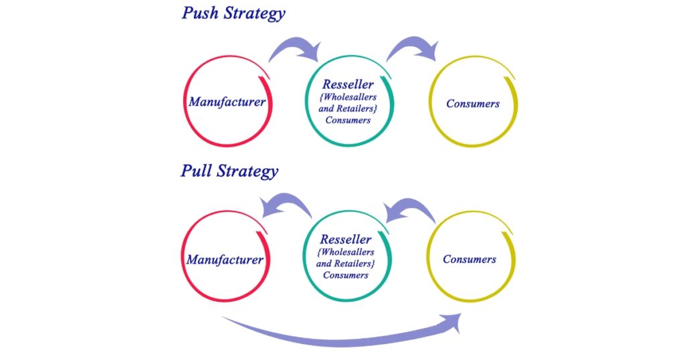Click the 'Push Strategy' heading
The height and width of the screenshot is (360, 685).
pyautogui.click(x=233, y=13)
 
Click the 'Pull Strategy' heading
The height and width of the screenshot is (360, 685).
pyautogui.click(x=229, y=171)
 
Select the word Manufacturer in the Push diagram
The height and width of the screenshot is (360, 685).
pyautogui.click(x=227, y=102)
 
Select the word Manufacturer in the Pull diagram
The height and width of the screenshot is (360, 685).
pyautogui.click(x=225, y=259)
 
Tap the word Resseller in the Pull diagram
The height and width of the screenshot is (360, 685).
pyautogui.click(x=345, y=240)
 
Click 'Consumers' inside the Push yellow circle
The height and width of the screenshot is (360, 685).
pyautogui.click(x=472, y=104)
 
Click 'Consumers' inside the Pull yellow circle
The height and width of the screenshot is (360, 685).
pyautogui.click(x=470, y=259)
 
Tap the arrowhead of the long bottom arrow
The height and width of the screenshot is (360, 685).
pyautogui.click(x=454, y=322)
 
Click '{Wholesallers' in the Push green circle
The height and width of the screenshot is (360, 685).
pyautogui.click(x=348, y=98)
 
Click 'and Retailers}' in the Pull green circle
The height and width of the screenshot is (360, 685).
pyautogui.click(x=345, y=264)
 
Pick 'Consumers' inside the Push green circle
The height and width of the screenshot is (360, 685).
pyautogui.click(x=348, y=120)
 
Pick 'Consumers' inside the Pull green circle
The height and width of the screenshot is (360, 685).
pyautogui.click(x=345, y=275)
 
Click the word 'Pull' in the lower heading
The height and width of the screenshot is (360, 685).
pyautogui.click(x=196, y=171)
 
